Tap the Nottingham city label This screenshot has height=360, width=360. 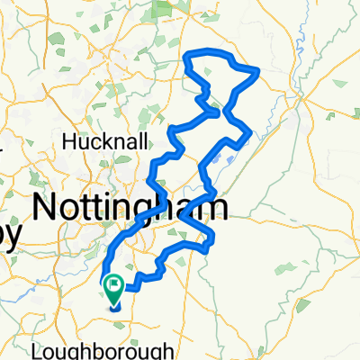[x=130, y=206]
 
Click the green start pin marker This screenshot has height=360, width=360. [x=115, y=290]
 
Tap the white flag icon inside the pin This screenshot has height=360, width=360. [x=115, y=287]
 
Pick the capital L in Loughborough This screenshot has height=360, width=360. [x=60, y=349]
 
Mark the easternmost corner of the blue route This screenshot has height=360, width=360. [x=258, y=69]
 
